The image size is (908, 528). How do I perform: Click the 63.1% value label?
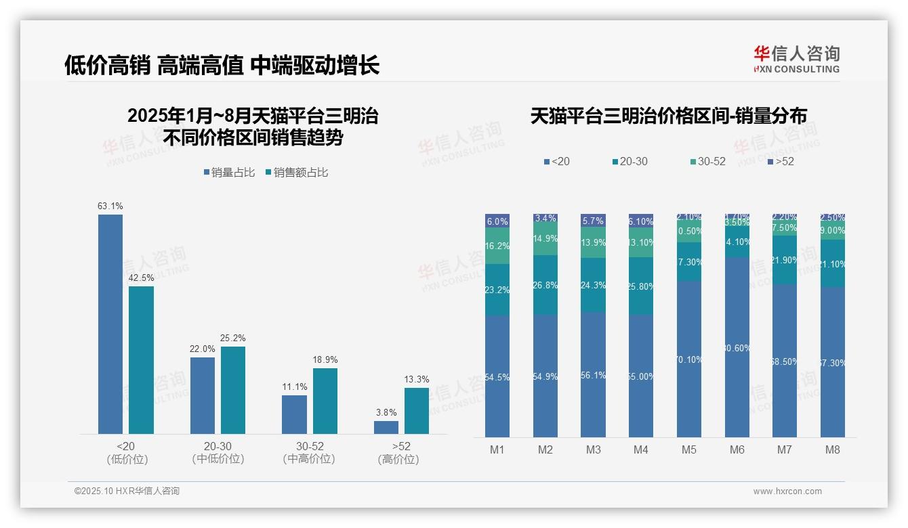pos(110,206)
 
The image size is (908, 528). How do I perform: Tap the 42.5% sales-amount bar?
pos(141,359)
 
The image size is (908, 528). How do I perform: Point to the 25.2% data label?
pos(233,338)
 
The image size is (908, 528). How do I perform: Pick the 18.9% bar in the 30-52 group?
pos(325,401)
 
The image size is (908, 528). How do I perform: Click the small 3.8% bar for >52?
pos(386,427)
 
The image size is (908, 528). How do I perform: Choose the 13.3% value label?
pos(417,379)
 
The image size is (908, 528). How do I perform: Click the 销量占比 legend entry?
pos(229,173)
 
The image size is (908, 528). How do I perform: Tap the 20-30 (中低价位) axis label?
pos(218,452)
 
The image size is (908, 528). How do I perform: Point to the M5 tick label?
pos(689,449)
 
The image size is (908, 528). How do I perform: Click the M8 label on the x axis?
pos(833,449)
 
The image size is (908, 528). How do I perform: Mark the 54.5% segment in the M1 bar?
pos(497,376)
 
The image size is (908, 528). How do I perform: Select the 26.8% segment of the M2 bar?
pos(545,285)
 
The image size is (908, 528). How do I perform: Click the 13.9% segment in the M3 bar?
pos(593,242)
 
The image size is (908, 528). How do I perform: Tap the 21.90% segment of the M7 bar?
pos(785,260)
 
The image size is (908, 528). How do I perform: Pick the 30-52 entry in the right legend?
pos(707,162)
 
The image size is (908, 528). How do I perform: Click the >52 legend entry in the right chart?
pos(781,162)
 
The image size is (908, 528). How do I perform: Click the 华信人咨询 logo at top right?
pos(796,59)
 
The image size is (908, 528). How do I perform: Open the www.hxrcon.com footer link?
pos(787,491)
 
